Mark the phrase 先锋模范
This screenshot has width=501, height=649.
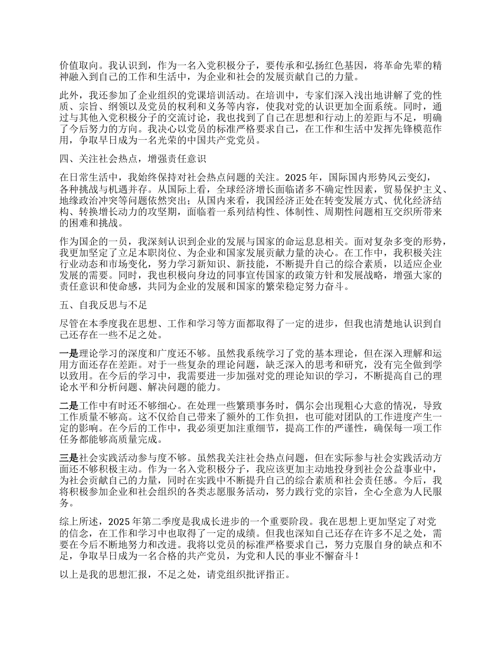(400, 130)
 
